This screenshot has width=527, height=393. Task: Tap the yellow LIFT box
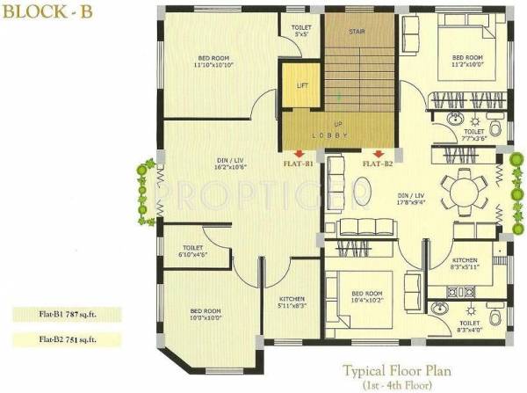tap(302, 86)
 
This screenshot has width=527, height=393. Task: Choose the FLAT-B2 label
tap(376, 164)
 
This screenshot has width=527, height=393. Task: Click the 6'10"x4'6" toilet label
tap(194, 252)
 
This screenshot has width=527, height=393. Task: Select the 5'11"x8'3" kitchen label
tap(292, 302)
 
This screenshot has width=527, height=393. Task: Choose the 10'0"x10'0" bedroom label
tap(206, 315)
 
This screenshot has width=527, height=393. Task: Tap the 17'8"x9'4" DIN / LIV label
tap(411, 198)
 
